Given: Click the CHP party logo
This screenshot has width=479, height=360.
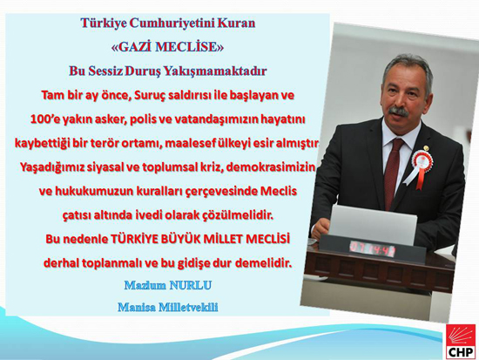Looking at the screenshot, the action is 461,341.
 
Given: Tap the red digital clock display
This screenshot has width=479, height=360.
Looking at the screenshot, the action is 372,247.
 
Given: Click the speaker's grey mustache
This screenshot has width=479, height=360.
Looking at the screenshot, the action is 399,112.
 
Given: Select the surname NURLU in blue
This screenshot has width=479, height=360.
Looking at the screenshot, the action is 190,285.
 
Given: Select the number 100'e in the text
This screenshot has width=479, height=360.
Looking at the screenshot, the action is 44,119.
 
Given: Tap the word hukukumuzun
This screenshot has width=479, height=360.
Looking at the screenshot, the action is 93,192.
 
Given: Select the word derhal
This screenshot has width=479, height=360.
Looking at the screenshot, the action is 59,262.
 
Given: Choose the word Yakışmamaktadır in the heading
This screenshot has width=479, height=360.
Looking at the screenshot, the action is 215,71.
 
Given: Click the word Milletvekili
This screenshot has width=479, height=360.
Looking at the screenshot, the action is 188,307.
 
